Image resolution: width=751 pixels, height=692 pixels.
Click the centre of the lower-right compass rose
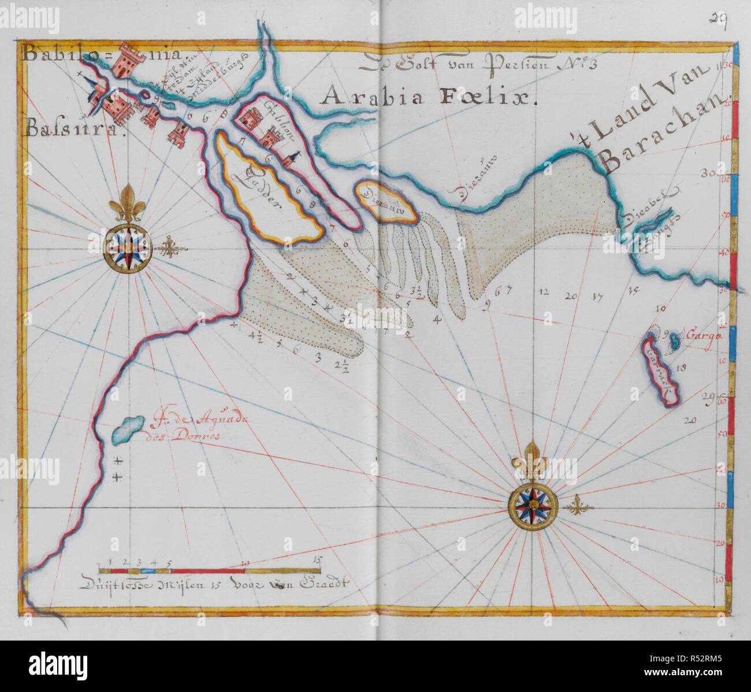[x=531, y=506]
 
